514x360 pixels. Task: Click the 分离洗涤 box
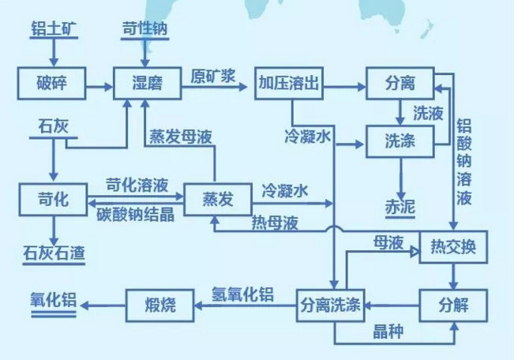[x=331, y=304]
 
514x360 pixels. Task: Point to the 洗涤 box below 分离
[x=401, y=143]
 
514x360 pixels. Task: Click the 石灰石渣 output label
[x=53, y=254]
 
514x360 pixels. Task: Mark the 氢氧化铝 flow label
[x=242, y=294]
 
